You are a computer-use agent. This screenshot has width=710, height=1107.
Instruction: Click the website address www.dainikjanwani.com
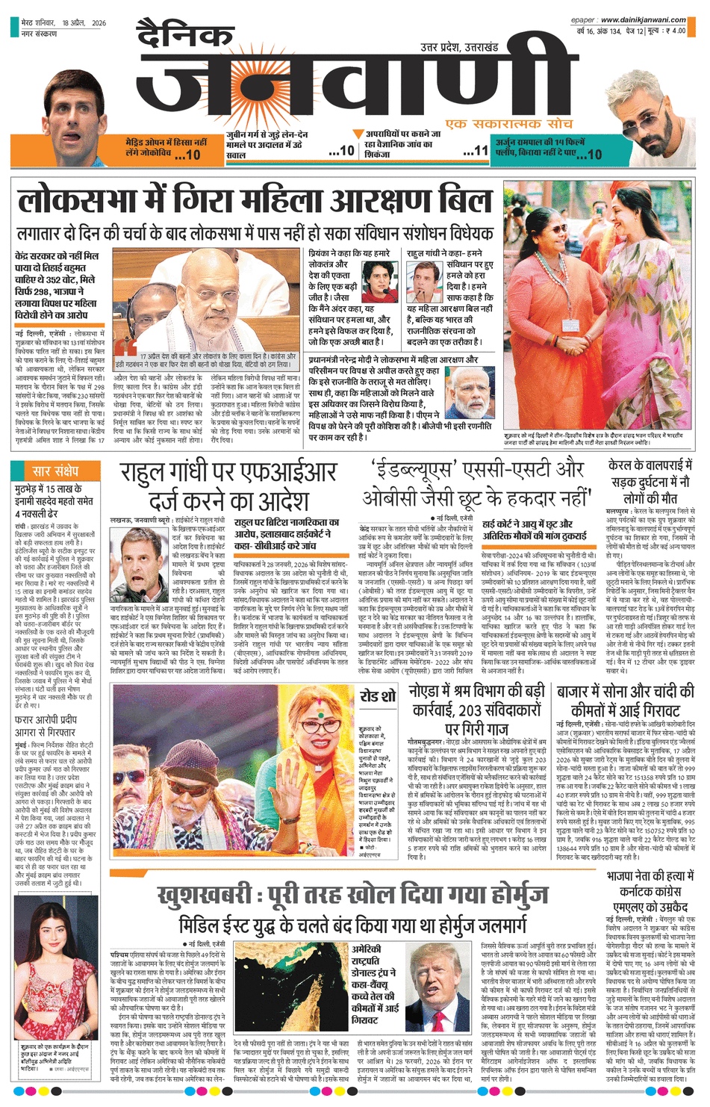point(643,20)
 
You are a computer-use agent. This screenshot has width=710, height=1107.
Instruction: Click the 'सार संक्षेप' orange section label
point(55,471)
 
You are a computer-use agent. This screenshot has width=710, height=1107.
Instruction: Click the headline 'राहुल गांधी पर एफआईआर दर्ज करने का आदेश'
point(228,486)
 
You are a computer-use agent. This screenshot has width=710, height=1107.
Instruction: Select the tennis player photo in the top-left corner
point(72,120)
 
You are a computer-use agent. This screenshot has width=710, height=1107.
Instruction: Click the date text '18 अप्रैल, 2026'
point(84,23)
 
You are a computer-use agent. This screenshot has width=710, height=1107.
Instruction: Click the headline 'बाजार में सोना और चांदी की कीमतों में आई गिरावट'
point(625,700)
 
